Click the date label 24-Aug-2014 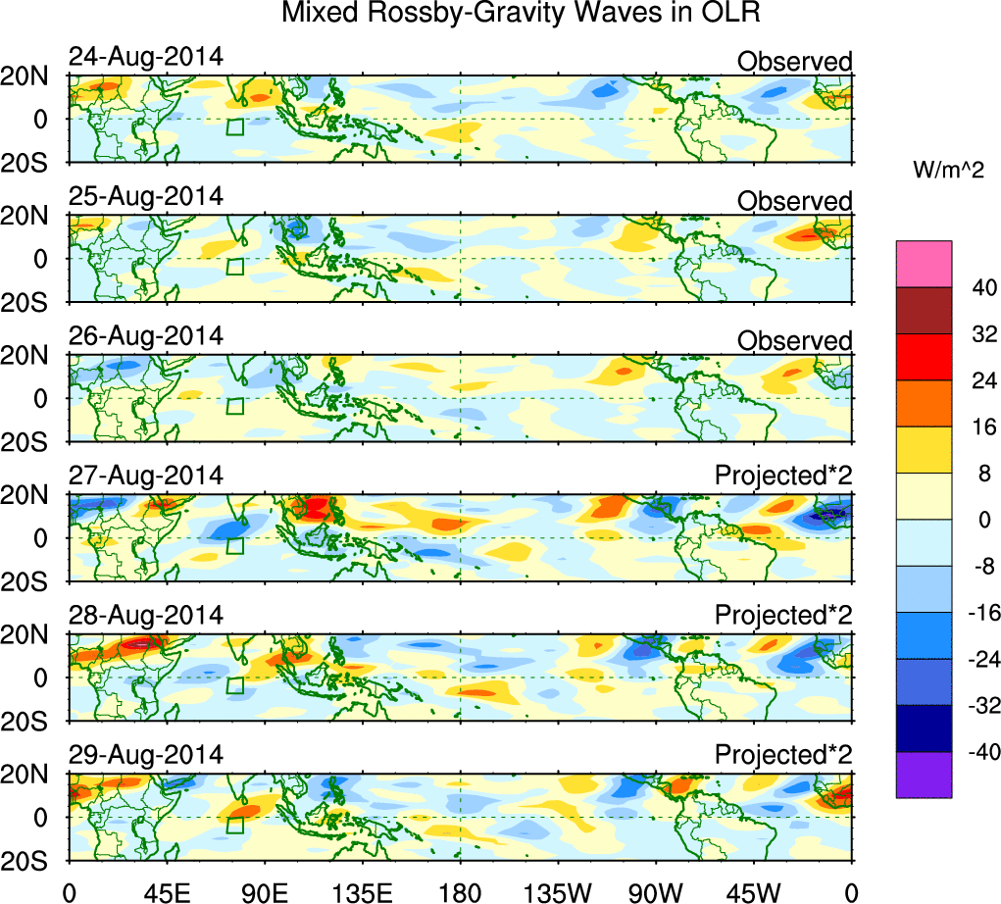[145, 56]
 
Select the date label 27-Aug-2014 [145, 476]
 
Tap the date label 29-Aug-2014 [145, 755]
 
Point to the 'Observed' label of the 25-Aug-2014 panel [794, 201]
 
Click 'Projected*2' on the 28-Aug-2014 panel [783, 616]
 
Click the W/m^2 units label [949, 171]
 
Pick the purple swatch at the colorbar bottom [924, 775]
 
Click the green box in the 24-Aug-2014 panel [234, 126]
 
